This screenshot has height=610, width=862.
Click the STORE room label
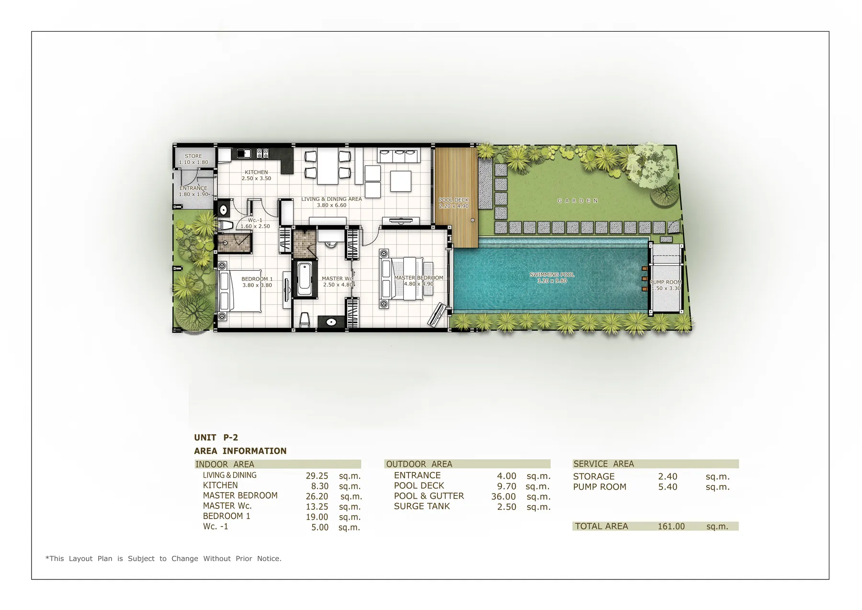tap(193, 156)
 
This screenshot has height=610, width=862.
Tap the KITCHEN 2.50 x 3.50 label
tap(256, 175)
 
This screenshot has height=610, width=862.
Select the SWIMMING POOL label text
tap(552, 275)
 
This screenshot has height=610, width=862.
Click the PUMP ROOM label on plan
tap(666, 282)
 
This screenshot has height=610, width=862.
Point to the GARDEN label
tap(578, 201)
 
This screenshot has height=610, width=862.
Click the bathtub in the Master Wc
tap(304, 279)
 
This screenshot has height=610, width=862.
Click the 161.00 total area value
tap(671, 526)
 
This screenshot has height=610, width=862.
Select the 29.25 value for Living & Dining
tap(317, 476)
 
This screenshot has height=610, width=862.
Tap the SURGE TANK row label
tap(421, 506)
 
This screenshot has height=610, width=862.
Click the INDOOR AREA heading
tap(225, 464)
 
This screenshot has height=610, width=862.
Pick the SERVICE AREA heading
tap(603, 464)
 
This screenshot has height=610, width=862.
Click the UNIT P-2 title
tap(216, 437)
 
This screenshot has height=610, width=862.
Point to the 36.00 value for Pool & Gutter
tap(503, 496)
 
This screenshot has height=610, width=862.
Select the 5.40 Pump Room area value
tap(668, 487)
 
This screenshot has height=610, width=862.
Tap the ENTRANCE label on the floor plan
tap(193, 188)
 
